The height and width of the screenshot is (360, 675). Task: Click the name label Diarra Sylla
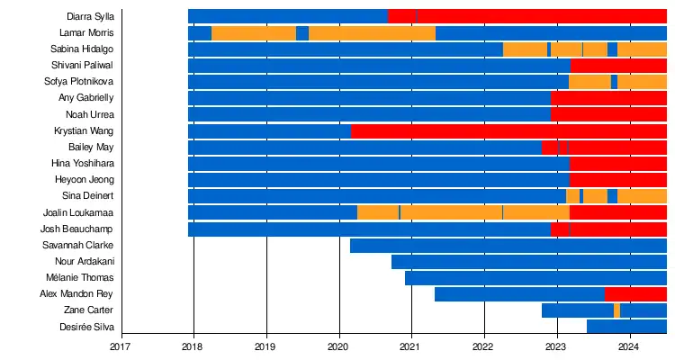pos(90,16)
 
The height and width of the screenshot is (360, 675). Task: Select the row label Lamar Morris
pos(88,32)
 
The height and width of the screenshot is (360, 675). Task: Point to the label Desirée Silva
pos(86,327)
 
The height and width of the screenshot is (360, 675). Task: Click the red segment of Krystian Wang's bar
pos(508,131)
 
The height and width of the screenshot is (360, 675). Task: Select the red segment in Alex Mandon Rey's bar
pos(635,294)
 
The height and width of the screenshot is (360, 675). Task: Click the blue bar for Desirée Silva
pos(626,327)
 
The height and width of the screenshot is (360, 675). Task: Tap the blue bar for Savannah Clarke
pos(508,246)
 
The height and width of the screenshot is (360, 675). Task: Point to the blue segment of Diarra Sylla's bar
pos(288,16)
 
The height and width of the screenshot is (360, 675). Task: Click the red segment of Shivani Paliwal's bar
pos(618,66)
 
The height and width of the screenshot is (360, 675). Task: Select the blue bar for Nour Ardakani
pos(529,262)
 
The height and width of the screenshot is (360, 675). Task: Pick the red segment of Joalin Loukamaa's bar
pos(618,212)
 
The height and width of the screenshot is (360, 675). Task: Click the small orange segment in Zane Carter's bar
pos(617,310)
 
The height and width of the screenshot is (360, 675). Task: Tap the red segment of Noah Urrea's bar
pos(608,114)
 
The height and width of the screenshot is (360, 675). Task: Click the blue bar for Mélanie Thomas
pos(535,278)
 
